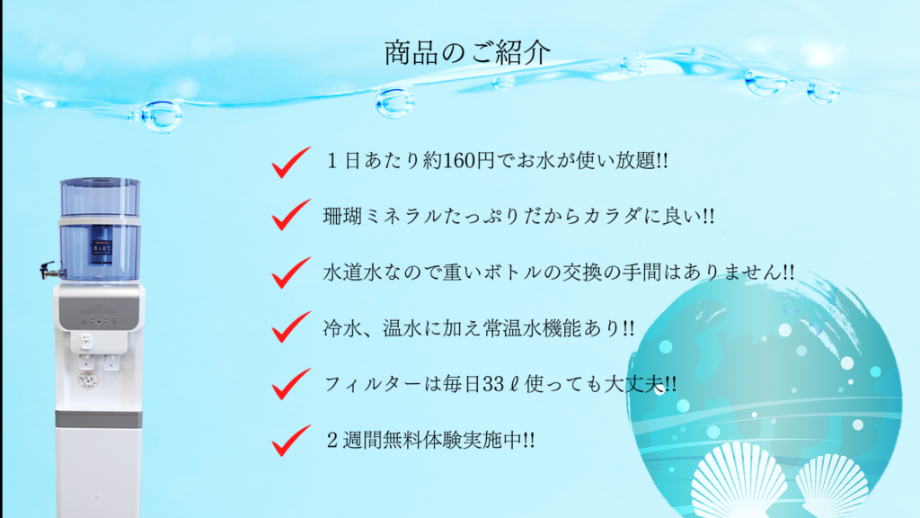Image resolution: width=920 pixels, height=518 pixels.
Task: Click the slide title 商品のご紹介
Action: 467,53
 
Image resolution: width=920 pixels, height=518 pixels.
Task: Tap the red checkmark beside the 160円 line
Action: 290,163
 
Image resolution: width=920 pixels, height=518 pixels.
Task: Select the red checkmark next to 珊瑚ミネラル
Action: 290,215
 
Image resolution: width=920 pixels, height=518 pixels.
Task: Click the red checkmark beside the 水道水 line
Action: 290,272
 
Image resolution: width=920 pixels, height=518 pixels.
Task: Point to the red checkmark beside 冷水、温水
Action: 290,327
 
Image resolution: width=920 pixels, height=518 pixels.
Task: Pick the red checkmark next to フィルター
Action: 290,384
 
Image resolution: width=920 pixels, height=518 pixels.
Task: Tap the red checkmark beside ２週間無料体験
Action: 290,441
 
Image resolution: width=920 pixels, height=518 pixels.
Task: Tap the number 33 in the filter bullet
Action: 492,384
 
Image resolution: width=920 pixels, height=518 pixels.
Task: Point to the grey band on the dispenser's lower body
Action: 99,419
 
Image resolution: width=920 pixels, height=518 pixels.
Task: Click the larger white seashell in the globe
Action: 739,482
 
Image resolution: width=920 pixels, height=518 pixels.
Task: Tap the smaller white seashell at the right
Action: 832,486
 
